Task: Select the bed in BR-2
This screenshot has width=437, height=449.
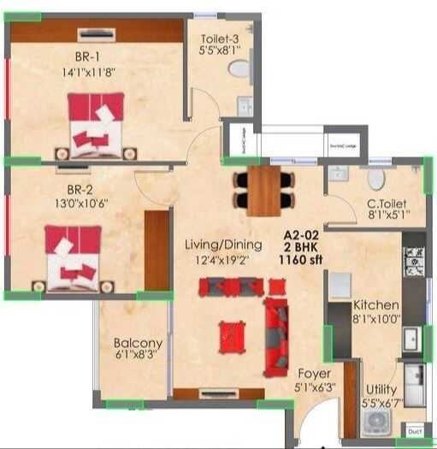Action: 73,257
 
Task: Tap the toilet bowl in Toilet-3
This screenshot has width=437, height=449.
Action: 239,68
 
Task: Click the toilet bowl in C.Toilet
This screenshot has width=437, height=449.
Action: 376,179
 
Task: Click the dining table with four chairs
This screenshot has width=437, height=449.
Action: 264,190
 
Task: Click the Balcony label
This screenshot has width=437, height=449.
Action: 138,343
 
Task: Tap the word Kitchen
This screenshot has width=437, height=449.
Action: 375,304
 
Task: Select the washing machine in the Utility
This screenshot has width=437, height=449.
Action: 376,423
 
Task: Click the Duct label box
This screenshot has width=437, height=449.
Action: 415,432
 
